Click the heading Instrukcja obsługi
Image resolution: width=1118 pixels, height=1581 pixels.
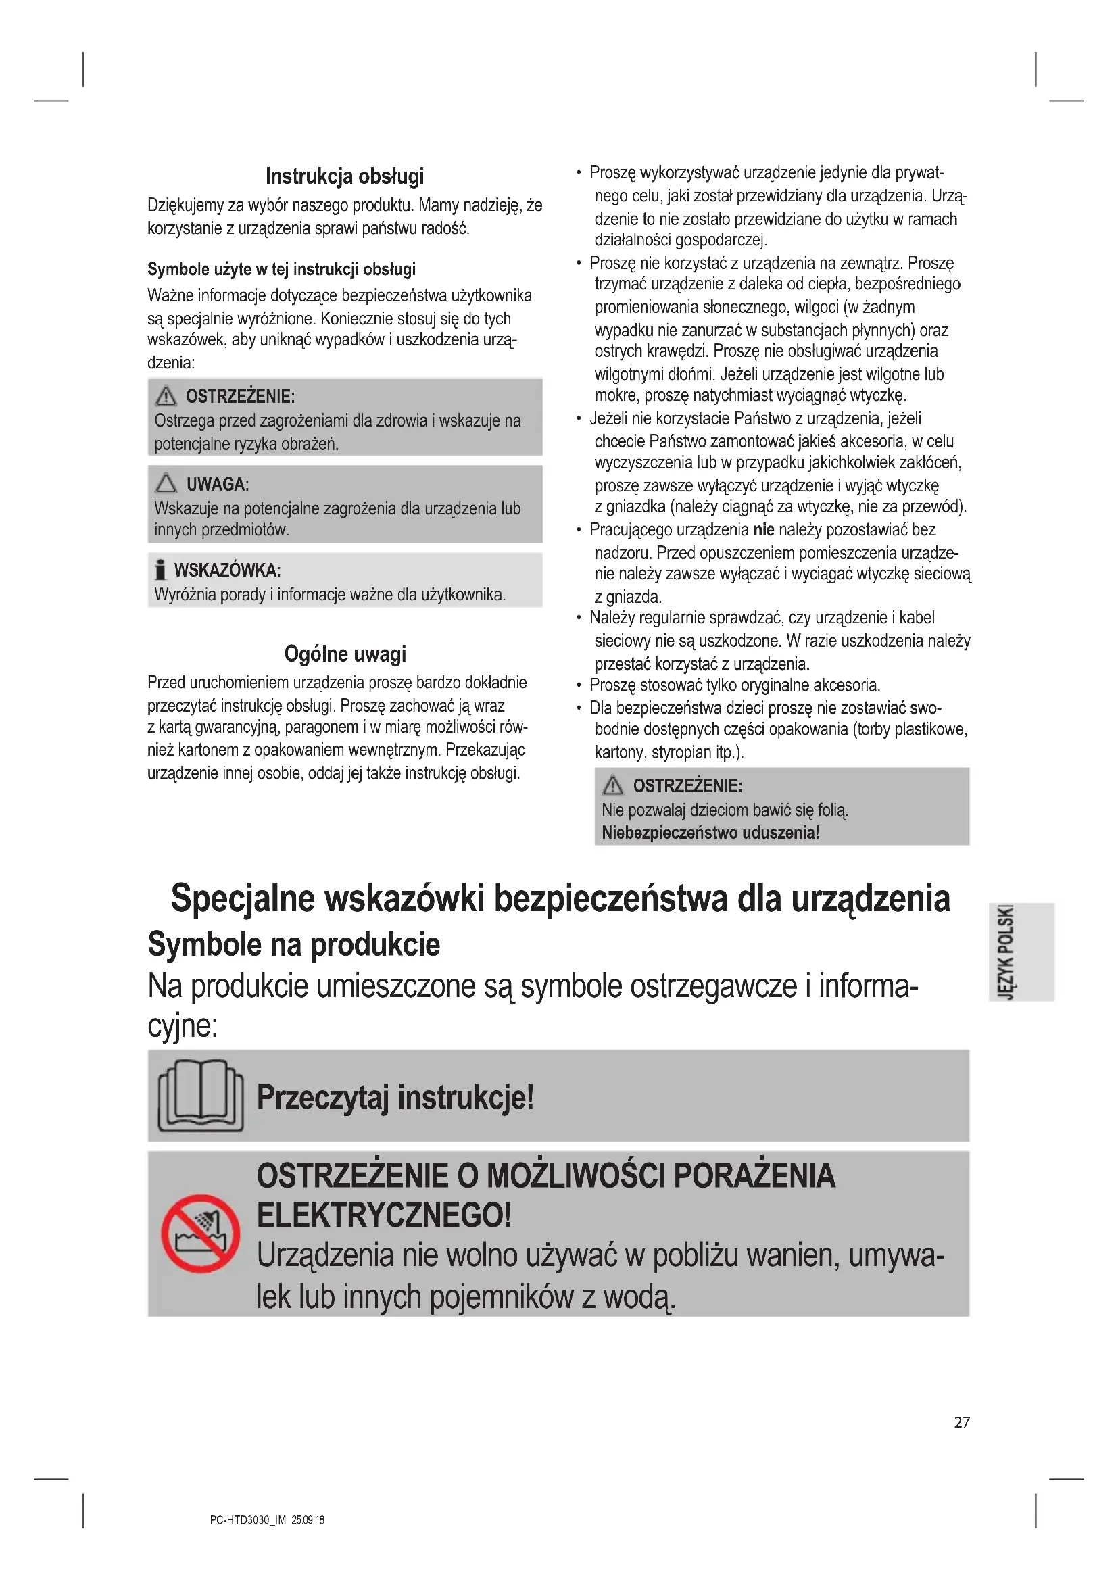344,176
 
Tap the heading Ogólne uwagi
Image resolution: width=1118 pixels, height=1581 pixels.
345,654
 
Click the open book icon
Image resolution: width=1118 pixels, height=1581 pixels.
200,1096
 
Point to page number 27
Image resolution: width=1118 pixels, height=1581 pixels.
962,1422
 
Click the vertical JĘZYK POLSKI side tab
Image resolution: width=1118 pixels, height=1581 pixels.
1006,952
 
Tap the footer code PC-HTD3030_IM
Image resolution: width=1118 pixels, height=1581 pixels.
247,1520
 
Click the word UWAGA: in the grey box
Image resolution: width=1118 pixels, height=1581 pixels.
218,484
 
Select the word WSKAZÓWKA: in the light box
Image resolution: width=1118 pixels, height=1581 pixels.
227,570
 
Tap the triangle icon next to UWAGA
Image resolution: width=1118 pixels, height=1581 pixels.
166,483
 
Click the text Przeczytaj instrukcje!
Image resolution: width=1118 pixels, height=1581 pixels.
395,1097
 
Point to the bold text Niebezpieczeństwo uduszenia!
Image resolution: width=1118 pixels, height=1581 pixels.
710,833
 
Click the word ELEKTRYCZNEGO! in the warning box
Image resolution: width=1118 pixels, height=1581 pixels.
384,1215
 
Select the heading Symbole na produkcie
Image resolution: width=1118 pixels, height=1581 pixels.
294,944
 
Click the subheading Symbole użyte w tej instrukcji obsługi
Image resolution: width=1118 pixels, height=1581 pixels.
282,269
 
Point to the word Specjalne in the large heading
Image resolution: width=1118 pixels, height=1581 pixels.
243,898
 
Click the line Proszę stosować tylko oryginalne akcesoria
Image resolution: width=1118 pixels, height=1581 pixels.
735,685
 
